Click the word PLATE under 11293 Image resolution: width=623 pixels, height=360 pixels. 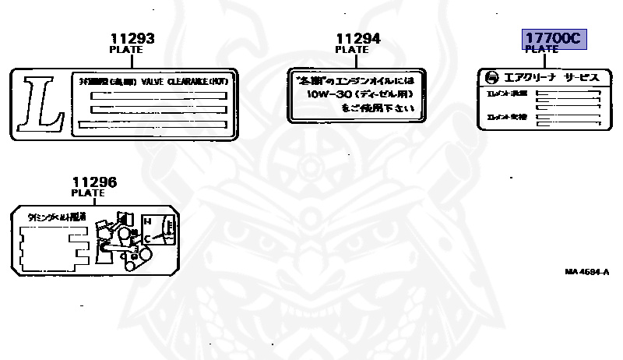point(125,49)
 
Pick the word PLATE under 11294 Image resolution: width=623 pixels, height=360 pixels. point(352,50)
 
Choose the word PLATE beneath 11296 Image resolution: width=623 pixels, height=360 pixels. point(87,193)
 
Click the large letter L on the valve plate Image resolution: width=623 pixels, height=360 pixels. point(39,101)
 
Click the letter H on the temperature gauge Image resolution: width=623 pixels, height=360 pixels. point(146,221)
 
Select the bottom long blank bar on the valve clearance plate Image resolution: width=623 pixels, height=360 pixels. point(153,124)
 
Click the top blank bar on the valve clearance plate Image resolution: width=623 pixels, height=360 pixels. point(158,95)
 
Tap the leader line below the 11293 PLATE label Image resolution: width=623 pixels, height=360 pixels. point(125,60)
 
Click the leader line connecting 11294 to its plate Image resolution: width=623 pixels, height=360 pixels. point(352,61)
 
